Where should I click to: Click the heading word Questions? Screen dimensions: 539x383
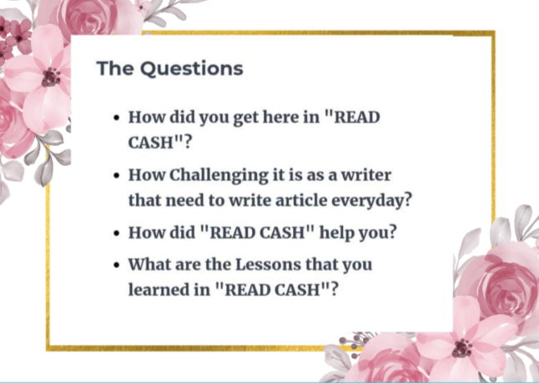[x=191, y=68]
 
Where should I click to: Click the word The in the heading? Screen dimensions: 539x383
[x=115, y=68]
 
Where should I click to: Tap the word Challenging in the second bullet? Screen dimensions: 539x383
[x=219, y=176]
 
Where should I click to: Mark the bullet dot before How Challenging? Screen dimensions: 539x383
[x=117, y=176]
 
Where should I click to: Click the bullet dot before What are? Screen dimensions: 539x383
[x=117, y=265]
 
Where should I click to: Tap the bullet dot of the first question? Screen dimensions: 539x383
[x=117, y=118]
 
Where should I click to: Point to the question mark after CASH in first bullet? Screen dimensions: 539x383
[x=187, y=142]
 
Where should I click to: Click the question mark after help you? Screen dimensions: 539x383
[x=392, y=232]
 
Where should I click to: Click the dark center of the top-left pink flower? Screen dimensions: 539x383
[x=51, y=78]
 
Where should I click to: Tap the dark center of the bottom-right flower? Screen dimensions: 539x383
[x=462, y=348]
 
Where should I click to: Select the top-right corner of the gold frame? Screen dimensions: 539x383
[x=494, y=33]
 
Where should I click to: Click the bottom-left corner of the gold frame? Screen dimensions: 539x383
[x=48, y=348]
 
